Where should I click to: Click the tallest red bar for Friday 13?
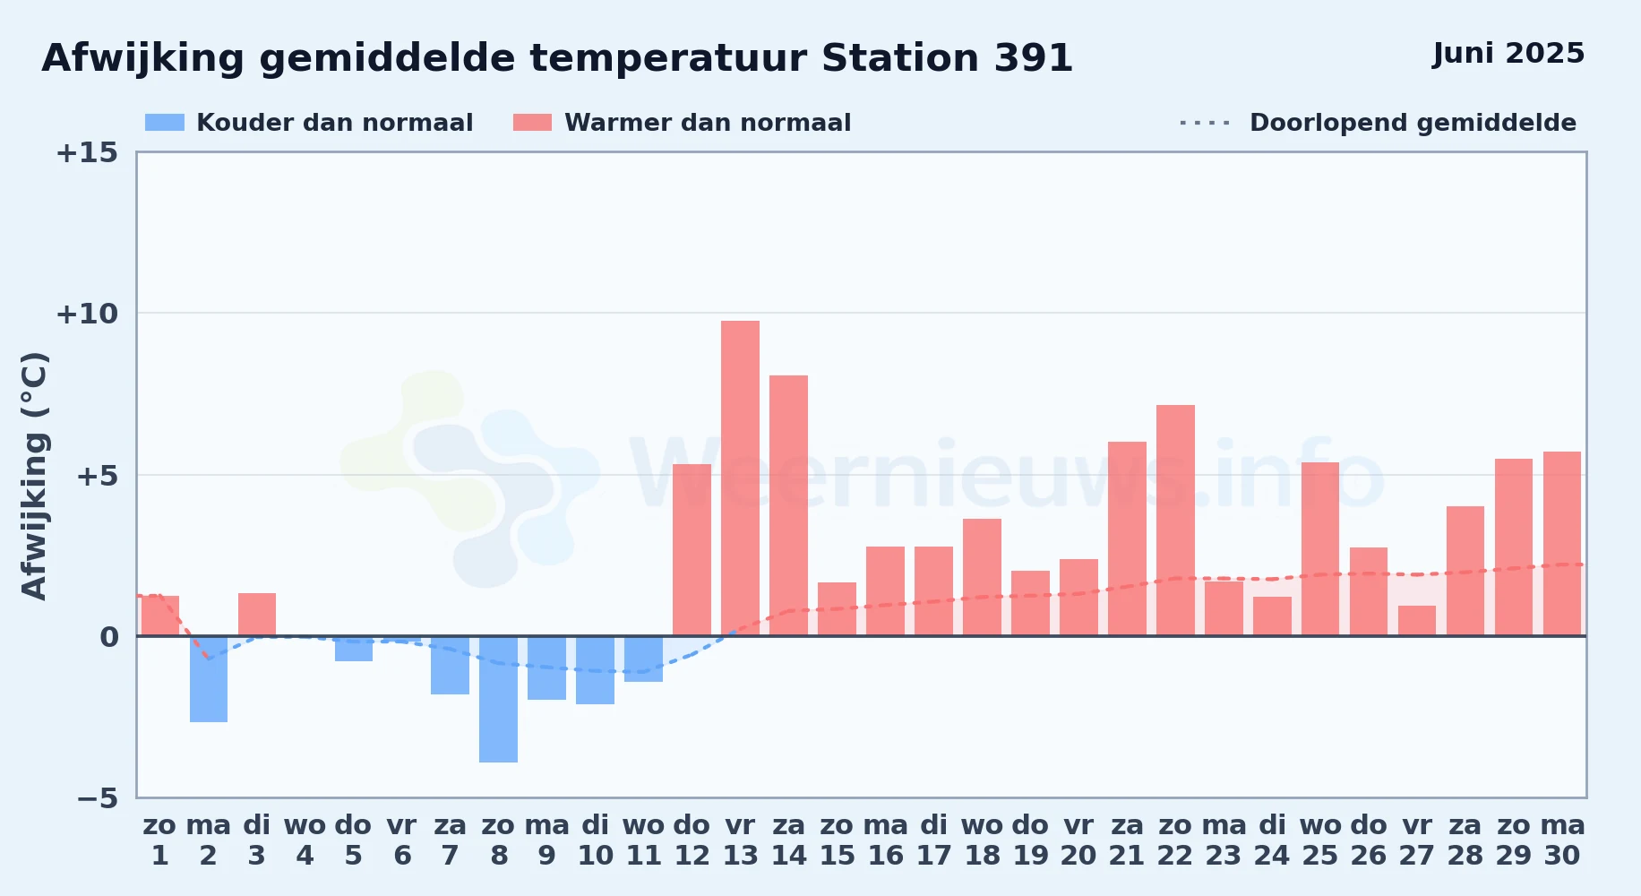tap(740, 478)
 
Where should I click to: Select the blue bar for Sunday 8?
tap(498, 699)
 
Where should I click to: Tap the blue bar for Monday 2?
tap(209, 679)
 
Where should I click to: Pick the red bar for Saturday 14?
tap(788, 505)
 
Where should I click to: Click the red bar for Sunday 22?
tap(1175, 521)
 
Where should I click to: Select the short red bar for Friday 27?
tap(1417, 621)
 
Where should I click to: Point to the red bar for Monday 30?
tap(1562, 544)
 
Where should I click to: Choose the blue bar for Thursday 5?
tap(354, 649)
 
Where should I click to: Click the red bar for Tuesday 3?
tap(257, 615)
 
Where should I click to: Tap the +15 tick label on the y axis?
tap(87, 152)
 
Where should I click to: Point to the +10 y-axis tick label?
tap(87, 314)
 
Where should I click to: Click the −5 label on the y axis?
tap(98, 798)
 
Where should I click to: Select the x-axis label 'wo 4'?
tap(305, 840)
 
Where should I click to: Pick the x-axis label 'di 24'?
tap(1272, 840)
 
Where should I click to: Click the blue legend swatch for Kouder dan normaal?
tap(165, 123)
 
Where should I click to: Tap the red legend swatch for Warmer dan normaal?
tap(533, 123)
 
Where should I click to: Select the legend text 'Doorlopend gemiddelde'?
tap(1413, 123)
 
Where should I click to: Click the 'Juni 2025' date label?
tap(1508, 54)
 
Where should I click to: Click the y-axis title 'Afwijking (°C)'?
tap(34, 476)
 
